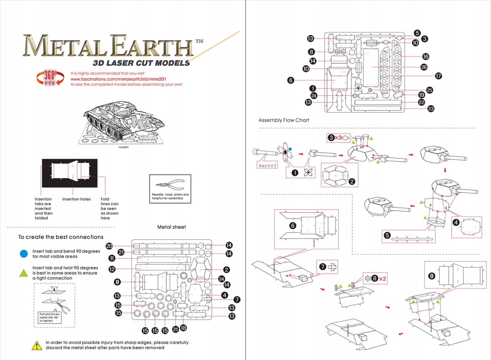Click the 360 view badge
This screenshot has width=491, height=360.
point(50,78)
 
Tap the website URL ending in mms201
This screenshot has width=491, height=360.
point(119,79)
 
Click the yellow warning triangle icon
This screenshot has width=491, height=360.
point(37,345)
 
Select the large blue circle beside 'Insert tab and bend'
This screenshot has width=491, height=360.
point(24,254)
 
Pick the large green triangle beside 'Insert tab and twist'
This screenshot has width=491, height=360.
point(24,273)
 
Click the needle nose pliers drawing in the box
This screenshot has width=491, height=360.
point(170,184)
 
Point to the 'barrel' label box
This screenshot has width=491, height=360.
point(267,165)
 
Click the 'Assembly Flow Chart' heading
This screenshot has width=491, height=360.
point(283,120)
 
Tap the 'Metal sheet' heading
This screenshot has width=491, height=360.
point(171,227)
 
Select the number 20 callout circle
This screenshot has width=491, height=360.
point(109,246)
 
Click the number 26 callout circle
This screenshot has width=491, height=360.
point(424,67)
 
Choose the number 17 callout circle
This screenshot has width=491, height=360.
point(438,76)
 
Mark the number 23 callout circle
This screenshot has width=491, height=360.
point(431,108)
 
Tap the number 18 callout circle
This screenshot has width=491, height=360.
point(183,328)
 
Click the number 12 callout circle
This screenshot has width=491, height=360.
point(112,269)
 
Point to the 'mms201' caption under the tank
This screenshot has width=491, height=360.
point(124,147)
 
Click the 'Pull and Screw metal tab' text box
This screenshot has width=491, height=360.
point(49,317)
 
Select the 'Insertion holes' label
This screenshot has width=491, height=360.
point(76,199)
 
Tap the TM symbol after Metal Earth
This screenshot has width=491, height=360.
point(199,41)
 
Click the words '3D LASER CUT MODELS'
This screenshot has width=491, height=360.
point(142,63)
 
